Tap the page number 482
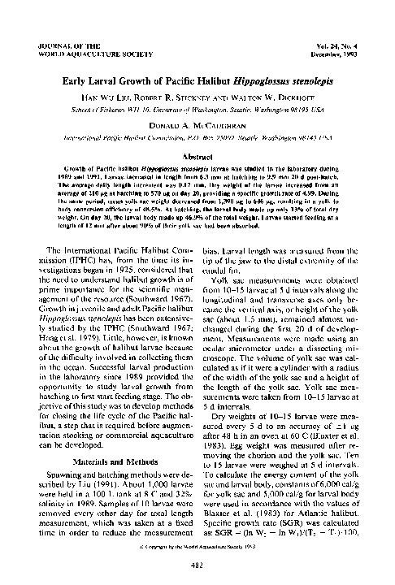(x=197, y=565)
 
